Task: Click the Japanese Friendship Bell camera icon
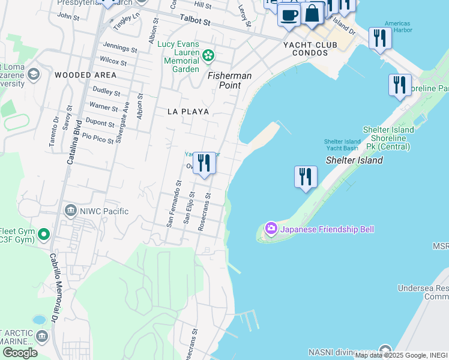271,228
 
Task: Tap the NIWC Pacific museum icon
71,211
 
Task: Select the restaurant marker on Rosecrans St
204,163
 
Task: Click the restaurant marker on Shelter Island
306,177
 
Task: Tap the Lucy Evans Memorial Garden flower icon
208,56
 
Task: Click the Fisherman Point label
230,80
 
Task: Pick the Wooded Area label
85,75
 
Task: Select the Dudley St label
106,93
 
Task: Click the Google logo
19,353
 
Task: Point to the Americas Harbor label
398,27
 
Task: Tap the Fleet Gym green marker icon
43,234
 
